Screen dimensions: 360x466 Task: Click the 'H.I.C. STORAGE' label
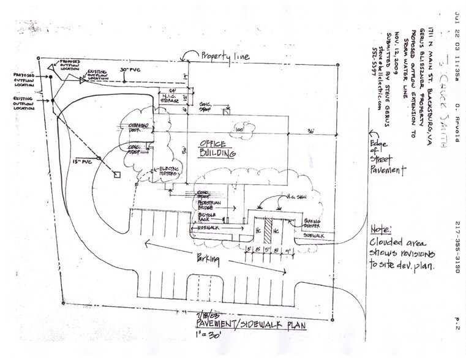coord(170,98)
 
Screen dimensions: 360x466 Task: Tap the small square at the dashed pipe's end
coord(118,175)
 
